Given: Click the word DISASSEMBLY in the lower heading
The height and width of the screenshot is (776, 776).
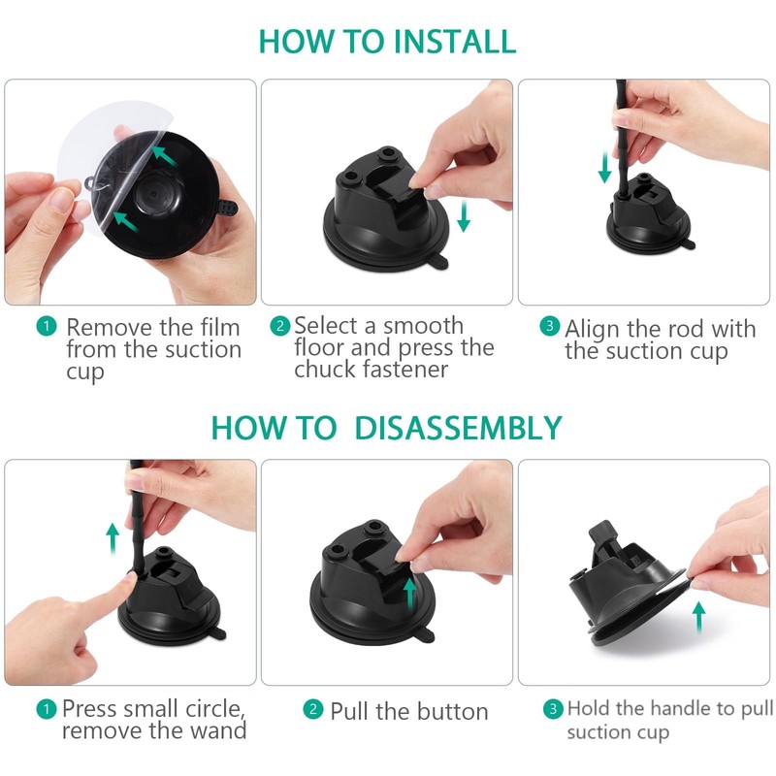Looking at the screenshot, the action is pyautogui.click(x=458, y=428).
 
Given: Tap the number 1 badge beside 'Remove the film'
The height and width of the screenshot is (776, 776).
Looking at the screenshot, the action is pyautogui.click(x=47, y=327).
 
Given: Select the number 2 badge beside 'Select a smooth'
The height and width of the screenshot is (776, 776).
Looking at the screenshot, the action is pyautogui.click(x=280, y=326).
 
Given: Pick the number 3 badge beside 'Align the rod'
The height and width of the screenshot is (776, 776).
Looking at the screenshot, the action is pyautogui.click(x=549, y=326).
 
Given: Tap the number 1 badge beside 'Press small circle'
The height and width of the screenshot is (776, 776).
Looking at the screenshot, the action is pyautogui.click(x=47, y=709).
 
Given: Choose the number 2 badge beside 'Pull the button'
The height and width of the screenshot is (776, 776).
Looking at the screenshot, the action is pyautogui.click(x=312, y=710).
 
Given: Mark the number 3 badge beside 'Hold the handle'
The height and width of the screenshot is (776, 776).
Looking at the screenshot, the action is pyautogui.click(x=553, y=709).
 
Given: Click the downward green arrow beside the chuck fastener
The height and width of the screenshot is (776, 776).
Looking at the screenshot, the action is pyautogui.click(x=464, y=215).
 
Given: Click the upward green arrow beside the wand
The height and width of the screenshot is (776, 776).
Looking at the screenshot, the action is pyautogui.click(x=113, y=538).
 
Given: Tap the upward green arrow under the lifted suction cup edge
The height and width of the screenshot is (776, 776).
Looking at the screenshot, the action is pyautogui.click(x=698, y=617).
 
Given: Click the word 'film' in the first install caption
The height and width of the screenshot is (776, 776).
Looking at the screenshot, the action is pyautogui.click(x=220, y=327).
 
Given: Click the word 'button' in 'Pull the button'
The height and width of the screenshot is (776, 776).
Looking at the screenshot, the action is pyautogui.click(x=453, y=712).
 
